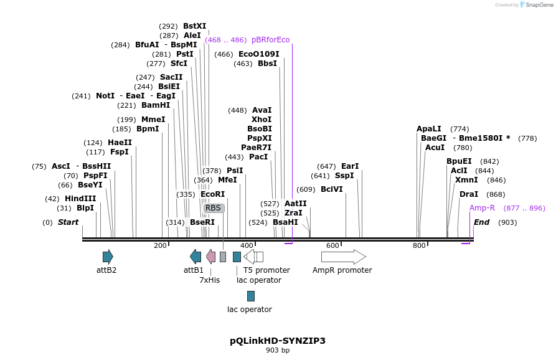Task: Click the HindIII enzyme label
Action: pyautogui.click(x=80, y=199)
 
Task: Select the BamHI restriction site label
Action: pyautogui.click(x=156, y=105)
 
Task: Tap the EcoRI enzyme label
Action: pyautogui.click(x=212, y=194)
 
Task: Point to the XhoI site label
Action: pyautogui.click(x=262, y=120)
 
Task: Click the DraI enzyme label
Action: pyautogui.click(x=469, y=194)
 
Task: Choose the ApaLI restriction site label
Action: pyautogui.click(x=429, y=129)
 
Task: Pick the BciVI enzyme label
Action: pyautogui.click(x=332, y=189)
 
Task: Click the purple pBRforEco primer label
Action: pyautogui.click(x=271, y=40)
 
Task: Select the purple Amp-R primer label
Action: pyautogui.click(x=482, y=208)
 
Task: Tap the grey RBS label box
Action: pyautogui.click(x=214, y=208)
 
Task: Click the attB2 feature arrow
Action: pyautogui.click(x=108, y=257)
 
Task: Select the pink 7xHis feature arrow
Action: pyautogui.click(x=210, y=257)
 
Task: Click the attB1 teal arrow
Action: pyautogui.click(x=196, y=257)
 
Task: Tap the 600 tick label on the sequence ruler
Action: pyautogui.click(x=332, y=246)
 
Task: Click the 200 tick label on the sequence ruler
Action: pyautogui.click(x=160, y=246)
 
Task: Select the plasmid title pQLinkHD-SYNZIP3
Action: pyautogui.click(x=278, y=341)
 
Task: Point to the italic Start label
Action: pyautogui.click(x=68, y=222)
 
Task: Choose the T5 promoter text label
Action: pyautogui.click(x=266, y=270)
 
